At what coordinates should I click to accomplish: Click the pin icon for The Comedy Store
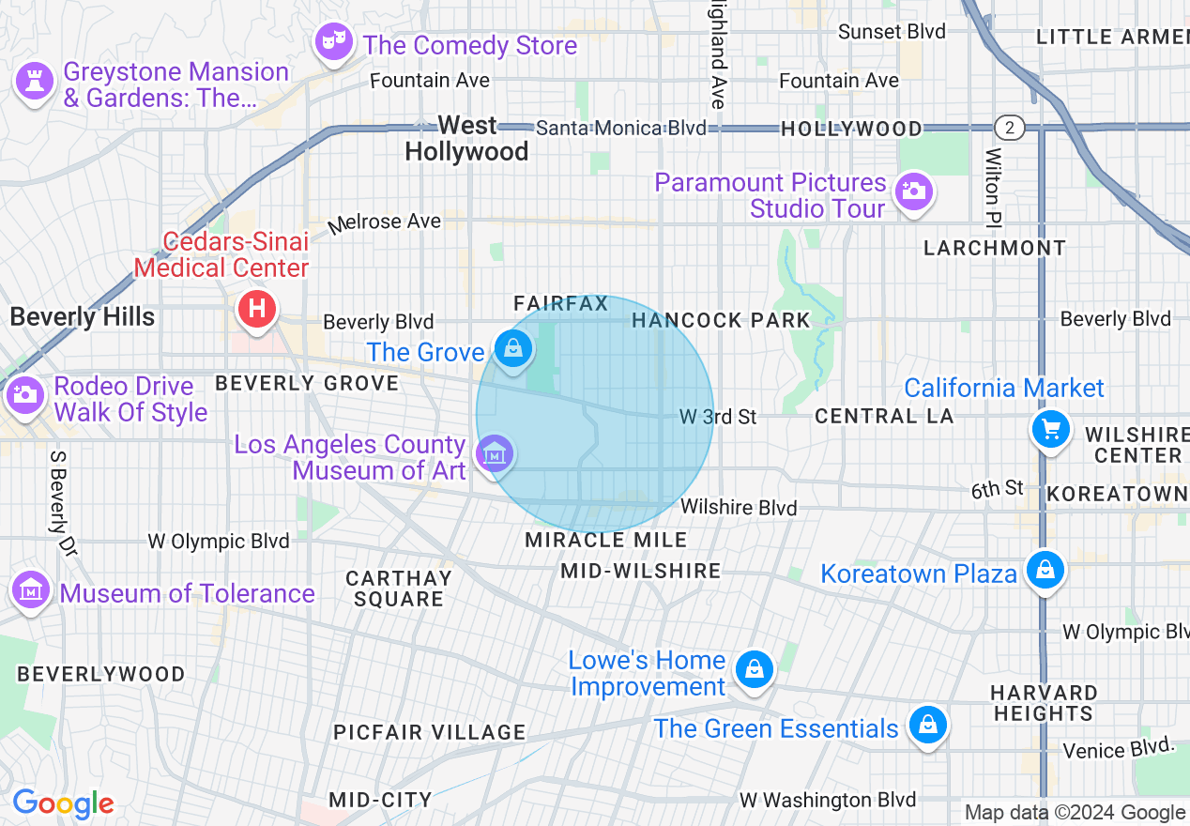click(333, 41)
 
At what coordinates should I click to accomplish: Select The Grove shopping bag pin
click(513, 350)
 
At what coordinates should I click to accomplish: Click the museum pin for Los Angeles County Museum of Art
click(494, 454)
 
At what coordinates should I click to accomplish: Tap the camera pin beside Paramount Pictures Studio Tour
click(912, 191)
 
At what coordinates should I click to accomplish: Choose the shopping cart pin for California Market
click(1050, 430)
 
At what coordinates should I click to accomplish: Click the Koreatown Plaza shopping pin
click(1044, 570)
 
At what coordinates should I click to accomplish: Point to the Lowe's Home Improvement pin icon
click(753, 669)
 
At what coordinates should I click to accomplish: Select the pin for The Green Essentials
click(927, 725)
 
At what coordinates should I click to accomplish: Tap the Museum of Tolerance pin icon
click(31, 590)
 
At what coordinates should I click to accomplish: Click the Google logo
click(63, 803)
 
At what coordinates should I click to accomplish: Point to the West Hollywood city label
click(466, 138)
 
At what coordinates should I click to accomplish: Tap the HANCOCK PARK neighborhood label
click(721, 321)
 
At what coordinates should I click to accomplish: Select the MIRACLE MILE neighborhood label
click(605, 540)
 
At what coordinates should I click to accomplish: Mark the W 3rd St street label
click(718, 417)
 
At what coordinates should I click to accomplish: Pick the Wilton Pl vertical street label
click(992, 188)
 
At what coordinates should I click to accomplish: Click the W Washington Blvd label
click(827, 800)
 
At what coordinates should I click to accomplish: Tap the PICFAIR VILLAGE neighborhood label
click(429, 732)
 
